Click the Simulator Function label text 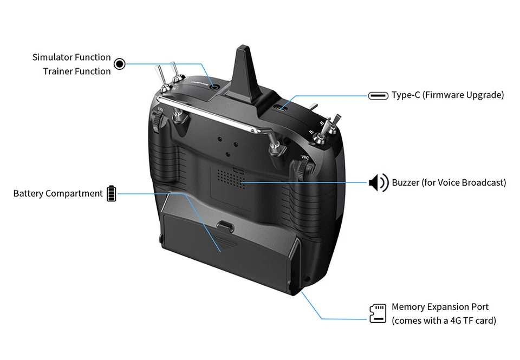click(71, 57)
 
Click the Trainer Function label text click(76, 71)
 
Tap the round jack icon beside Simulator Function click(120, 64)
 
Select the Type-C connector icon click(378, 95)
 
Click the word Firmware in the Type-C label click(444, 95)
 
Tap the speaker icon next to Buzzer click(378, 182)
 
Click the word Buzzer click(405, 182)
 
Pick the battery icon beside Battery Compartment click(111, 193)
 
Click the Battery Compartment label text click(57, 193)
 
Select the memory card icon click(378, 313)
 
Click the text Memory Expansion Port click(440, 307)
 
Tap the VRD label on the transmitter click(160, 110)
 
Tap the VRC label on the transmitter click(305, 157)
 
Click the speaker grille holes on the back click(227, 178)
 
